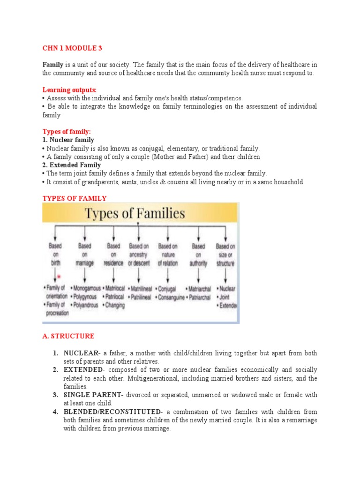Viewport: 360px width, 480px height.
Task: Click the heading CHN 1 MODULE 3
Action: [72, 48]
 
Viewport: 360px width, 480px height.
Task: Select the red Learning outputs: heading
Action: [69, 90]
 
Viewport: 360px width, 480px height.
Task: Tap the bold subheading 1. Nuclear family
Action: [68, 140]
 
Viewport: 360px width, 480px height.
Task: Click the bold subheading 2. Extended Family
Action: [71, 165]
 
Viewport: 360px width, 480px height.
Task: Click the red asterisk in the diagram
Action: [59, 277]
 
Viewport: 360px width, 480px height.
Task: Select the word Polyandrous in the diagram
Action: [85, 305]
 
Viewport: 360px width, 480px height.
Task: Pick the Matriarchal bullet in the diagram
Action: [199, 289]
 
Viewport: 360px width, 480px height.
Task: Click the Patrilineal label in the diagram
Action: [139, 297]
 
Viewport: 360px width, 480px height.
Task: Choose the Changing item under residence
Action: [114, 305]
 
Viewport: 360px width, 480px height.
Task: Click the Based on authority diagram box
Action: [198, 254]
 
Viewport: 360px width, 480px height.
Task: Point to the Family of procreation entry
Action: [57, 309]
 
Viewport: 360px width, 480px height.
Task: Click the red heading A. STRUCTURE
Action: [68, 336]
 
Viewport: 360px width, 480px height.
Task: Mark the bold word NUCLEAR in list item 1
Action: [80, 353]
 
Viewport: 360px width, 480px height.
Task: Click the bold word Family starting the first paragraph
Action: [52, 65]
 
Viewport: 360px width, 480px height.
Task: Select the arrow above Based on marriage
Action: [85, 233]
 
